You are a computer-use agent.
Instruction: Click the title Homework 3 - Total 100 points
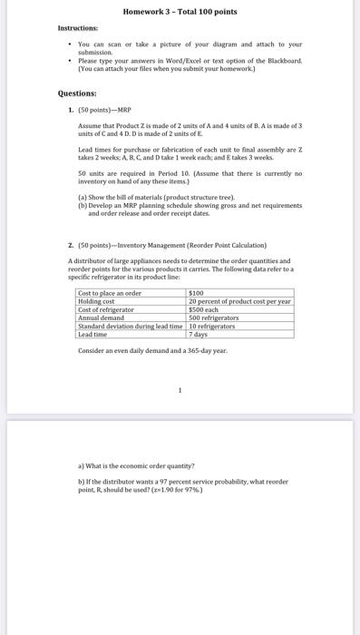pyautogui.click(x=180, y=12)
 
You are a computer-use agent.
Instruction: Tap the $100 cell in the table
pyautogui.click(x=197, y=293)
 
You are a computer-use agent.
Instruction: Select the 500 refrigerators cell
pyautogui.click(x=213, y=317)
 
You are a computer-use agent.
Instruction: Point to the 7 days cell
pyautogui.click(x=199, y=334)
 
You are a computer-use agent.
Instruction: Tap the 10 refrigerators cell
pyautogui.click(x=213, y=326)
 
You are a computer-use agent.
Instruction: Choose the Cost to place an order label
pyautogui.click(x=110, y=293)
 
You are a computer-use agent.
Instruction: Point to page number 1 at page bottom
pyautogui.click(x=180, y=392)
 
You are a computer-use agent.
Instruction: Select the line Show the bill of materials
pyautogui.click(x=158, y=196)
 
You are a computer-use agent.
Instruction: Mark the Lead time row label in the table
pyautogui.click(x=93, y=334)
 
